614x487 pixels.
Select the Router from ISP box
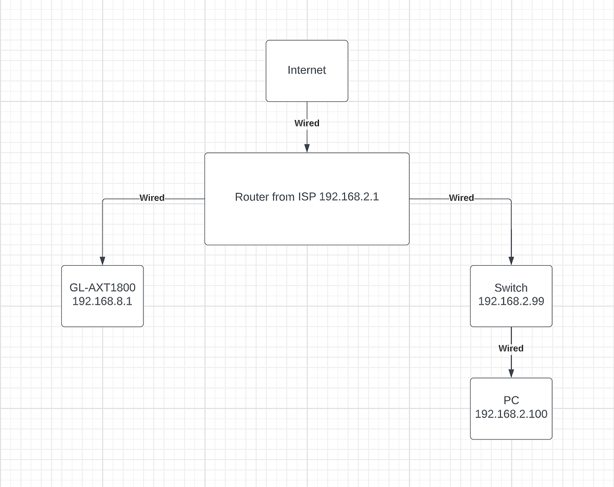(306, 222)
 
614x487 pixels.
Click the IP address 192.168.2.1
(349, 197)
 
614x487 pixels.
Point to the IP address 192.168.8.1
(102, 301)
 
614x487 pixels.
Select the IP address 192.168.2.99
(511, 301)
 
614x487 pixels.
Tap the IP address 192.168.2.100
(511, 414)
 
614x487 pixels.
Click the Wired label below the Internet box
(306, 123)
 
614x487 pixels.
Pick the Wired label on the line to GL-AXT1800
(152, 197)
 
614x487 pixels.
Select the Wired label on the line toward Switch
(461, 197)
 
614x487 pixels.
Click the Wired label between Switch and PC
(511, 348)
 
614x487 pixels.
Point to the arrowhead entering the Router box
(307, 148)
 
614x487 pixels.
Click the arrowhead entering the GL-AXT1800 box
(103, 260)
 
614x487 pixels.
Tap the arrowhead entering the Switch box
(511, 260)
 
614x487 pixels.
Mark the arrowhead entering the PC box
(511, 373)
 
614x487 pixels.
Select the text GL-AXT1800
(102, 287)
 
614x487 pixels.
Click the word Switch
(511, 287)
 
